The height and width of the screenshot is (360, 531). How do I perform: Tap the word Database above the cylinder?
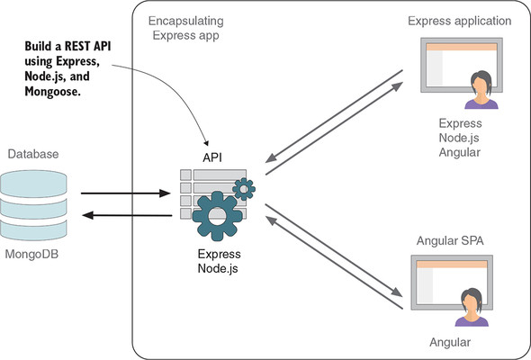pyautogui.click(x=33, y=154)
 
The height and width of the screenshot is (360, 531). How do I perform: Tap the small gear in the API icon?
pyautogui.click(x=243, y=188)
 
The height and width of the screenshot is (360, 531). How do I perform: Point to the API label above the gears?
pyautogui.click(x=212, y=157)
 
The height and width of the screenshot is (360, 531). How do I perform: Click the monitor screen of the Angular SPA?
pyautogui.click(x=441, y=279)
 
